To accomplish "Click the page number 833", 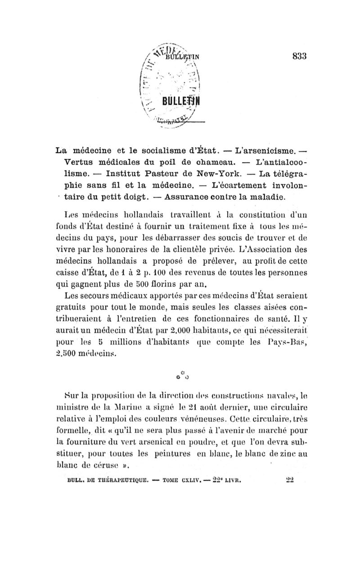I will (299, 56).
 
